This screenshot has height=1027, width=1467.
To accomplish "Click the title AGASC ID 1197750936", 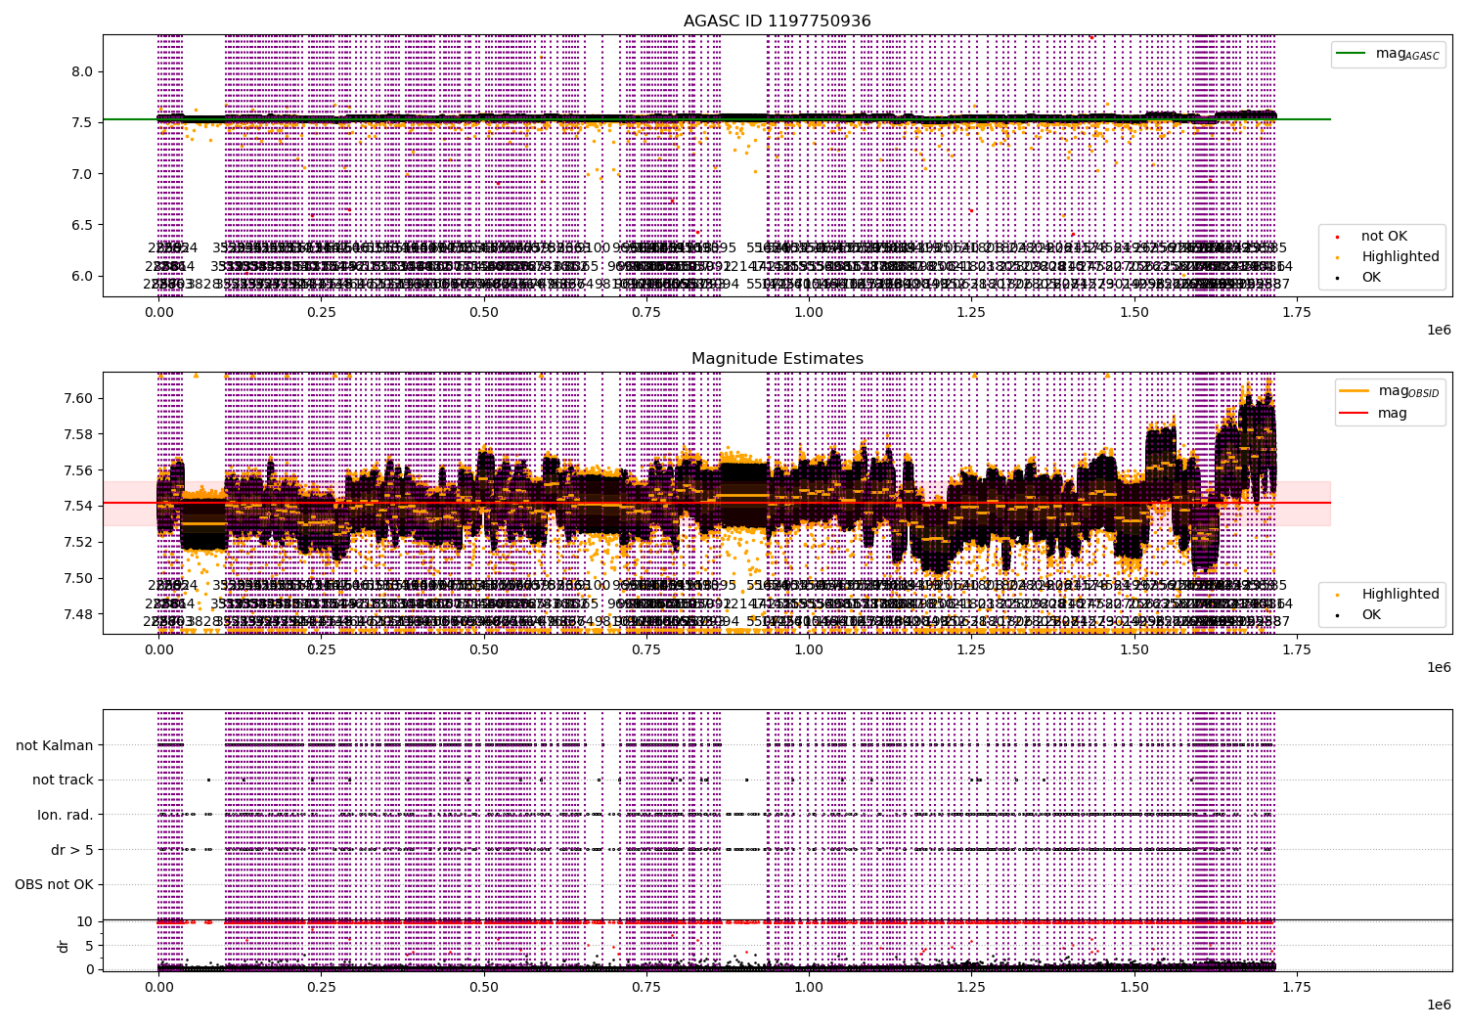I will tap(778, 22).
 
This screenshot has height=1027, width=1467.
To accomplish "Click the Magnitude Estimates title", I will tap(778, 359).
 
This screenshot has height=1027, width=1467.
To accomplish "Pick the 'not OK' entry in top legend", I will tap(1384, 237).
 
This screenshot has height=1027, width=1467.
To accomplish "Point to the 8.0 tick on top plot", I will tap(81, 71).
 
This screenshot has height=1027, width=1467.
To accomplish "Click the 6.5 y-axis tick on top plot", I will tap(81, 225).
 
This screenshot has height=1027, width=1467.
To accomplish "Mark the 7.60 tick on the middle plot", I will tap(78, 398).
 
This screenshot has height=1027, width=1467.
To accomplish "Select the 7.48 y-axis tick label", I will tap(78, 614).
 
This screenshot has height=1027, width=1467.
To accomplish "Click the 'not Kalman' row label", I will tap(55, 745).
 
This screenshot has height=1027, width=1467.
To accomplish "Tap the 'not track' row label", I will tap(63, 781).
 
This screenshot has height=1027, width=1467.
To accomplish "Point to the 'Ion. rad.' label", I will tap(66, 815).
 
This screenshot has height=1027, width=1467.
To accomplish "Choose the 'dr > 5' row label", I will tap(72, 850).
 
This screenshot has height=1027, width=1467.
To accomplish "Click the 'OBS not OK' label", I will tap(55, 885).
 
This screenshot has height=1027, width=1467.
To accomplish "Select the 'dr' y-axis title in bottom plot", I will tap(64, 946).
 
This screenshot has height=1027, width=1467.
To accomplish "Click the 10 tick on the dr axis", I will tap(84, 921).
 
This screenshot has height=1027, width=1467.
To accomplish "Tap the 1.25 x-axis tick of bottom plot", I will tap(971, 989).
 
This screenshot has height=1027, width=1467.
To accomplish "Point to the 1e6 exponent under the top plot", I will tap(1438, 330).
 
